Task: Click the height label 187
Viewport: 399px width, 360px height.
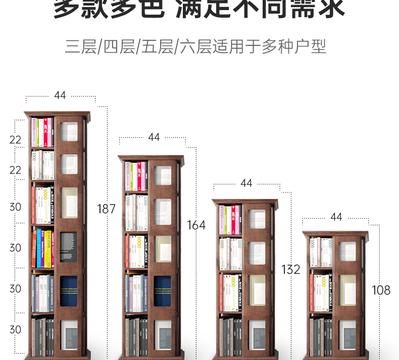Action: click(106, 209)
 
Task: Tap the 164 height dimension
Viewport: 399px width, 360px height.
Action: click(196, 225)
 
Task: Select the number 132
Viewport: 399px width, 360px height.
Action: click(290, 269)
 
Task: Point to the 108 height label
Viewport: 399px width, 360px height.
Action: click(381, 290)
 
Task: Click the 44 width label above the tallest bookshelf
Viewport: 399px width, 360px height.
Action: click(60, 95)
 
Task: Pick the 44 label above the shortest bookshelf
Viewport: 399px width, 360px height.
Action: click(336, 217)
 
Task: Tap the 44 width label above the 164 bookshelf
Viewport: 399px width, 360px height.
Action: click(154, 137)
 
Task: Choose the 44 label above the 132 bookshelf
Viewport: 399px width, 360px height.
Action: click(246, 183)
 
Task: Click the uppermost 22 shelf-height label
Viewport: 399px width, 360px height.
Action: click(16, 140)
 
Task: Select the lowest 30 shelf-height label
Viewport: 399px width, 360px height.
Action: click(16, 329)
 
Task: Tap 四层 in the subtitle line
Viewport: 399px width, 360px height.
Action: click(119, 47)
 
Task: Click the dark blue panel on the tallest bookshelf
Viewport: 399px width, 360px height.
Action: click(69, 291)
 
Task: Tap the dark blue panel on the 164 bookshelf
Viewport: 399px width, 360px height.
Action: click(162, 291)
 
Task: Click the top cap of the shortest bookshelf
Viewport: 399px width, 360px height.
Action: click(335, 234)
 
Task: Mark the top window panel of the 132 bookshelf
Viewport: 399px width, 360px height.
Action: click(257, 219)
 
